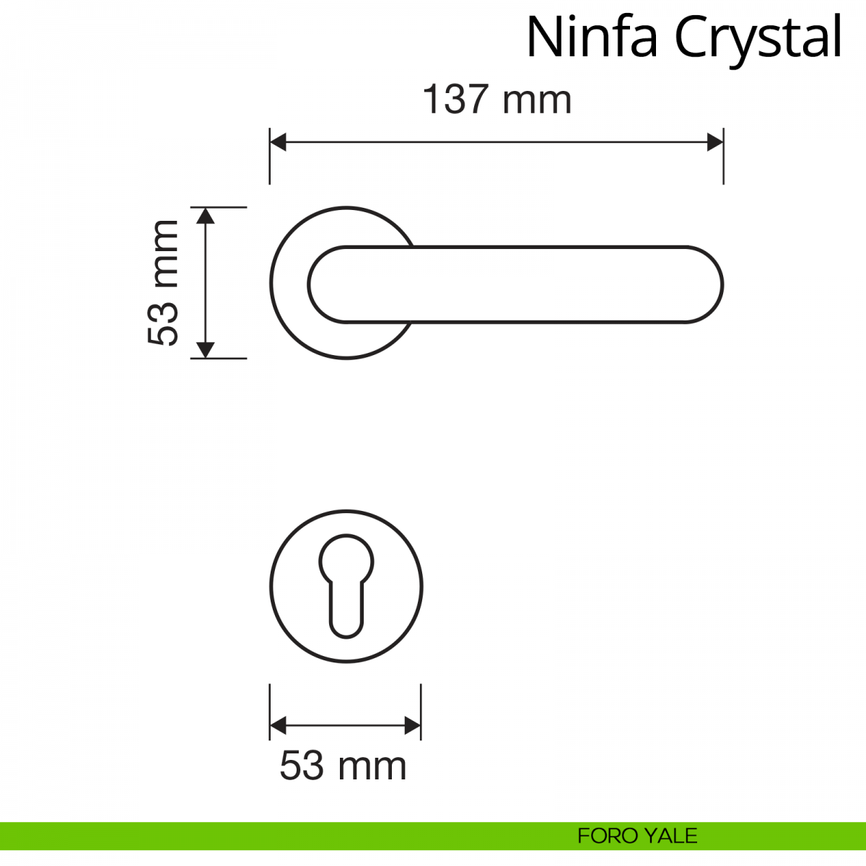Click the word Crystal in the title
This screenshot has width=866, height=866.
(x=758, y=38)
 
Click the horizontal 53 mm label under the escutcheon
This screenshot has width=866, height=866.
(x=343, y=766)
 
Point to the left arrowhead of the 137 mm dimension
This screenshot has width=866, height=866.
(x=278, y=142)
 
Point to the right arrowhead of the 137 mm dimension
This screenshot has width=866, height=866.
(x=714, y=142)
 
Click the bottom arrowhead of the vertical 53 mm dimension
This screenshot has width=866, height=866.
(x=206, y=349)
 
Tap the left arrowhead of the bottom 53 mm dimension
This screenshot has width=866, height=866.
(x=278, y=725)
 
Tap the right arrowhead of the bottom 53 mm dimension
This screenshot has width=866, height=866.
(x=412, y=725)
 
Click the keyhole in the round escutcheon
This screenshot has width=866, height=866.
(x=346, y=585)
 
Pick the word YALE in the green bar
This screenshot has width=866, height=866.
(x=670, y=836)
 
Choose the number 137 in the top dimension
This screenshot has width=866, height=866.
(x=456, y=100)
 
